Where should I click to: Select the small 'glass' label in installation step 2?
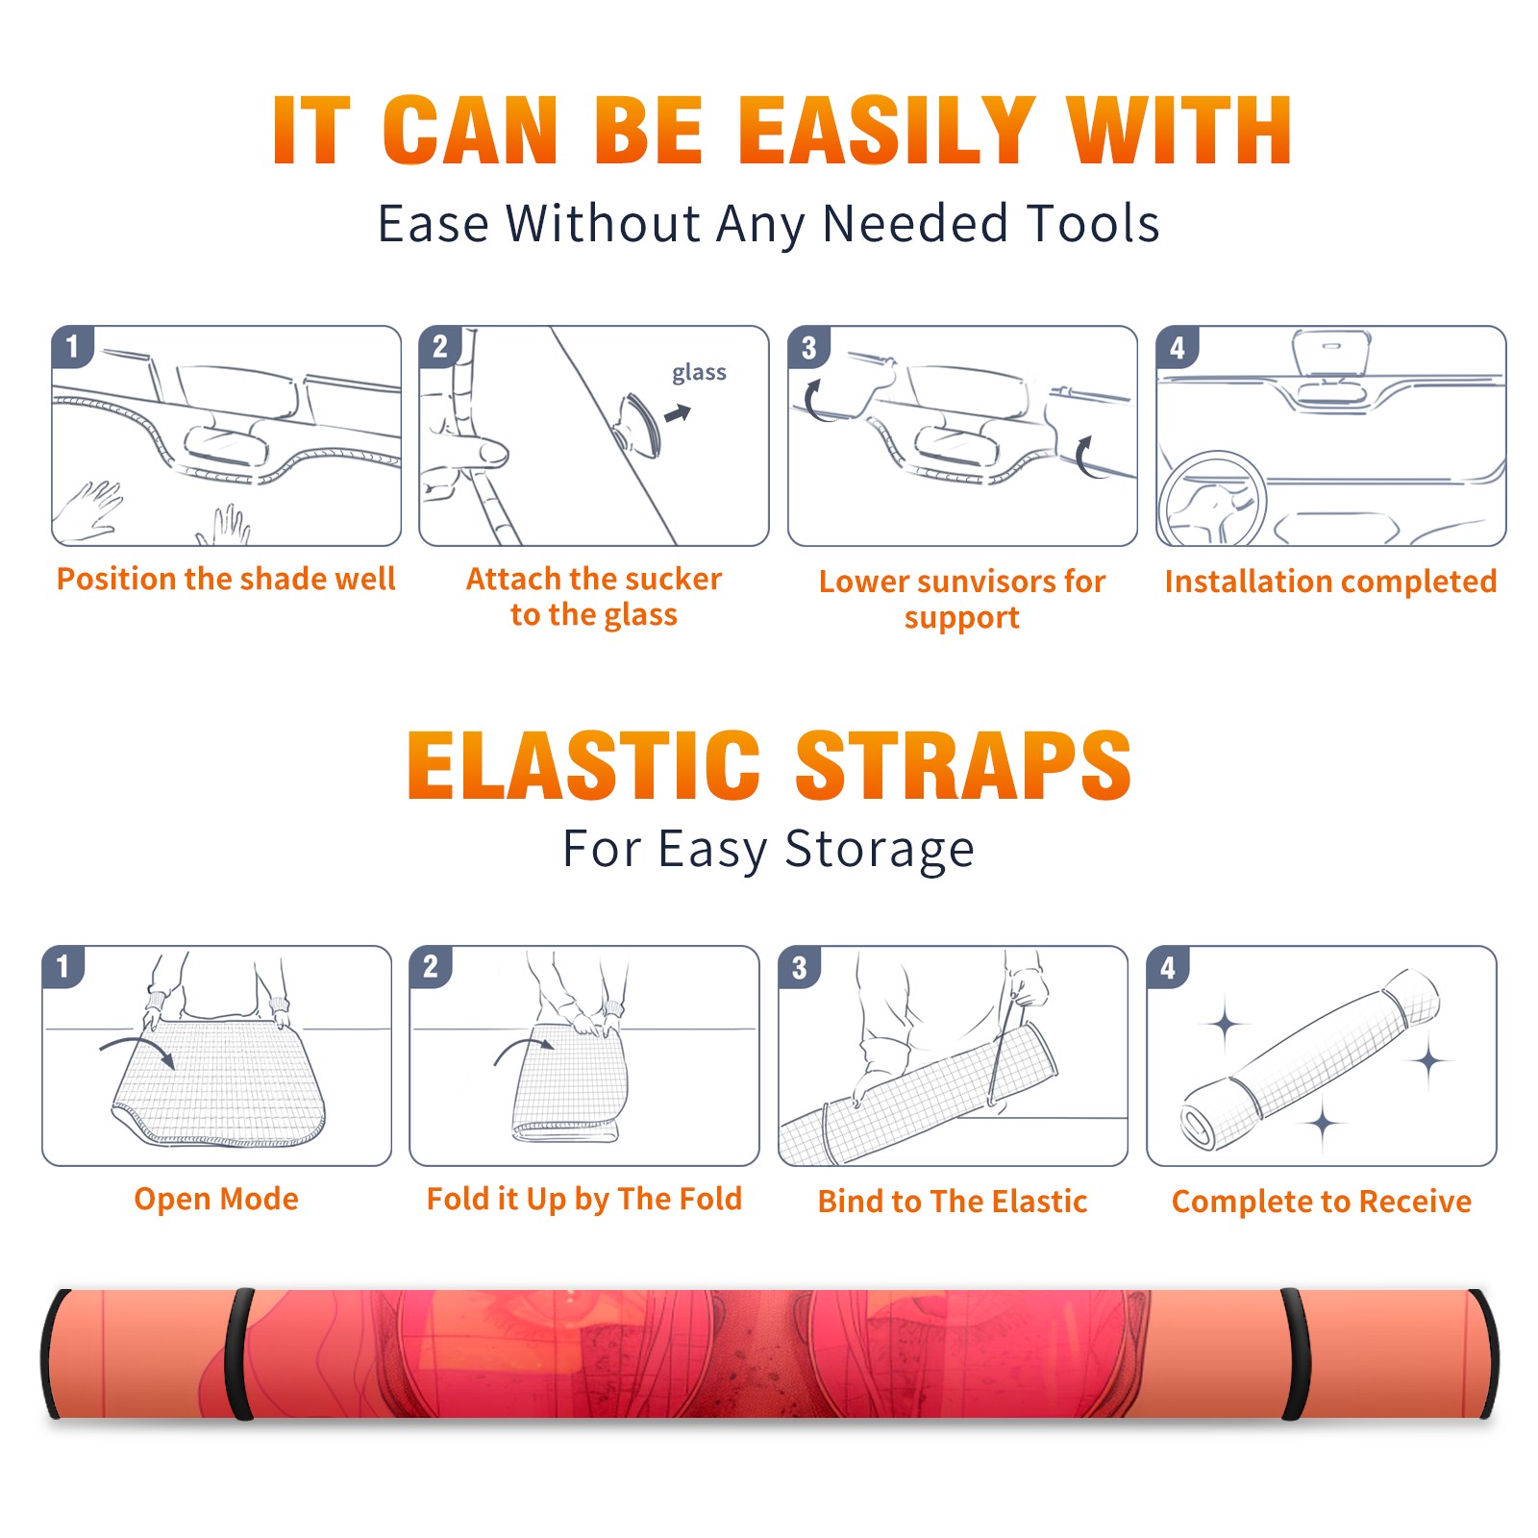point(699,373)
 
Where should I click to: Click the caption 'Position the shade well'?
point(226,579)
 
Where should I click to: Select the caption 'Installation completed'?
point(1330,582)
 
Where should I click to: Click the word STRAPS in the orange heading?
point(963,765)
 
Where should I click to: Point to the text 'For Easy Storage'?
point(768,849)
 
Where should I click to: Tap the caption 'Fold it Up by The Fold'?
point(584,1200)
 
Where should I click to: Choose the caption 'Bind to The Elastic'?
point(953,1202)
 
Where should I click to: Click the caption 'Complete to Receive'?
point(1322,1202)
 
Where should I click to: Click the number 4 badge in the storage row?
point(1168,967)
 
